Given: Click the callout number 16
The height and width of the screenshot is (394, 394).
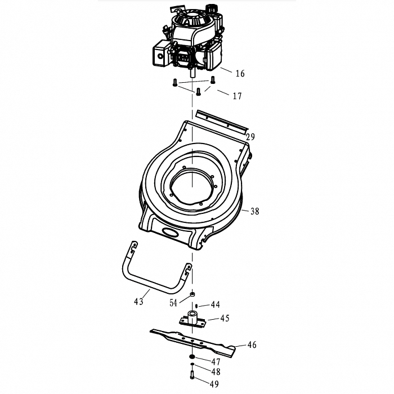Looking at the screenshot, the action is [240, 73].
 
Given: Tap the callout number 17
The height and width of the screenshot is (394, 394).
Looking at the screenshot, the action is [237, 96].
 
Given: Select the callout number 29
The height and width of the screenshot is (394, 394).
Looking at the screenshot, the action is [250, 137].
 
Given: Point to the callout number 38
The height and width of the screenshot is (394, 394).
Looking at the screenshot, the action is [254, 211].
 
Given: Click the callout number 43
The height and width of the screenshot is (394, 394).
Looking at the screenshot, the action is [138, 301].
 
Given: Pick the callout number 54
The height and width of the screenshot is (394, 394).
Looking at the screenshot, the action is [173, 303].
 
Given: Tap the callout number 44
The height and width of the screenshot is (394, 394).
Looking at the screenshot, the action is [216, 305].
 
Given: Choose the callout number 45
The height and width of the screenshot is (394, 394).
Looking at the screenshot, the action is [225, 318].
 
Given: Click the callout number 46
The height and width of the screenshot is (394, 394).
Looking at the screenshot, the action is [252, 344].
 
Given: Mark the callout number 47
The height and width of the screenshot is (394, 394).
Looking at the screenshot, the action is [216, 362].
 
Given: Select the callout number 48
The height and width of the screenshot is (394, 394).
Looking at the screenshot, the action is [216, 371].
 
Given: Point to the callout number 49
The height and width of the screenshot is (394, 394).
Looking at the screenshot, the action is [214, 384].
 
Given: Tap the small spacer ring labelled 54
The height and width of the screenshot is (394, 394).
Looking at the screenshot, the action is [192, 294].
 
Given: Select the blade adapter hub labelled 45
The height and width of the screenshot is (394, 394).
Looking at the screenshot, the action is [192, 319].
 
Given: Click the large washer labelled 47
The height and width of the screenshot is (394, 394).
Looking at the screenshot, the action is [192, 357].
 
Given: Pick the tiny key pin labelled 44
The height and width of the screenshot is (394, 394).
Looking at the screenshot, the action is [196, 306].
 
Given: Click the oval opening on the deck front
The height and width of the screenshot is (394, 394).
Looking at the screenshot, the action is [172, 232].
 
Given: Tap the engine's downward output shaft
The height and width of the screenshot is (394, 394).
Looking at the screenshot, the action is [192, 74].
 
